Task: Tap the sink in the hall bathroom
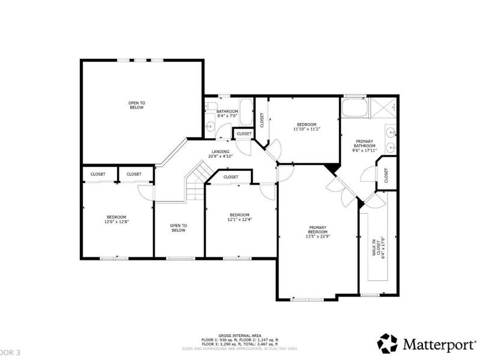click(210, 125)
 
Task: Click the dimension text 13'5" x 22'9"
click(317, 236)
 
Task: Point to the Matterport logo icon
click(387, 343)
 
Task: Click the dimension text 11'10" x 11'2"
click(306, 129)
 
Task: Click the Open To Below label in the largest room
click(136, 106)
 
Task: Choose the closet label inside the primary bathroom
click(386, 175)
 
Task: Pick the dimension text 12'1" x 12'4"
click(239, 219)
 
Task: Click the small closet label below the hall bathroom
click(244, 134)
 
